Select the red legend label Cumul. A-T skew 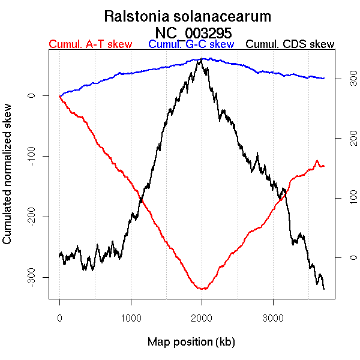(x=90, y=44)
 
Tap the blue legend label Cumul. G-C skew (x=191, y=44)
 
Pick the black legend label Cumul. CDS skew (x=290, y=44)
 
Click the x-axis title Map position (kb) (x=191, y=342)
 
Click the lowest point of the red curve (x=203, y=289)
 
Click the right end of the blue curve (x=324, y=79)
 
